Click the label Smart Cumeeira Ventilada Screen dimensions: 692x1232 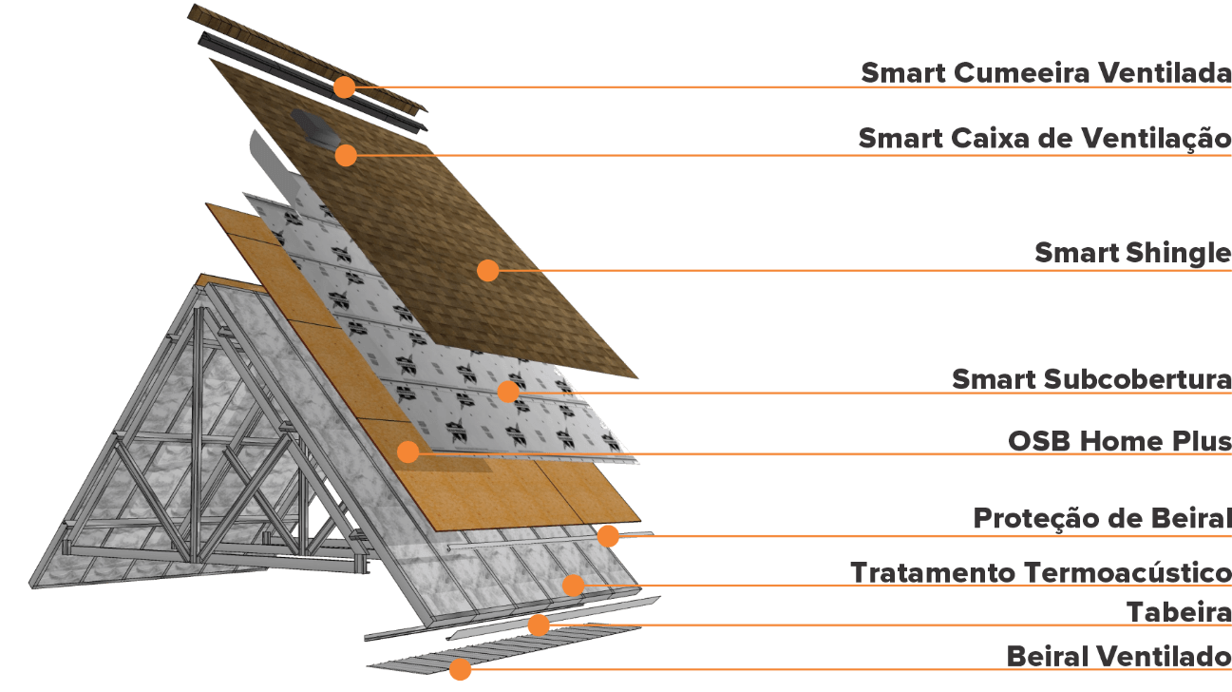click(x=1045, y=73)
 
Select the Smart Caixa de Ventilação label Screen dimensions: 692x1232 click(x=1044, y=139)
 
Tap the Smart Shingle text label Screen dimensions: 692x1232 click(x=1131, y=254)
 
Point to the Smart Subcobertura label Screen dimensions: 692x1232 click(x=1090, y=379)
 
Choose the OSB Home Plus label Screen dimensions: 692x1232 click(x=1119, y=442)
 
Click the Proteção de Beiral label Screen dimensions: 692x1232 click(x=1101, y=519)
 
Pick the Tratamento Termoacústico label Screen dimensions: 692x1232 click(x=1040, y=573)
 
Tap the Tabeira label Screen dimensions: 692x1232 click(x=1178, y=612)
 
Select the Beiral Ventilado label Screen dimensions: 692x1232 click(x=1118, y=656)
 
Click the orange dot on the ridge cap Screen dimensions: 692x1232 click(x=344, y=87)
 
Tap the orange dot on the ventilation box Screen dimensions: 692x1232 click(x=346, y=155)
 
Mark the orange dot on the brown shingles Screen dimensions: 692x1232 click(x=487, y=271)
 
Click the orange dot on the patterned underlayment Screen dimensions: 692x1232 click(x=509, y=391)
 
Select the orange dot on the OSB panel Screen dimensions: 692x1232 click(x=408, y=452)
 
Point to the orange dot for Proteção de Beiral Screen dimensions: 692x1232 click(x=608, y=536)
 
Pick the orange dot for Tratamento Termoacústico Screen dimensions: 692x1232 click(x=573, y=585)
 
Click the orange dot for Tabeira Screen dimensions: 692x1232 click(x=539, y=625)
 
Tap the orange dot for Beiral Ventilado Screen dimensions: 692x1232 click(x=460, y=669)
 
